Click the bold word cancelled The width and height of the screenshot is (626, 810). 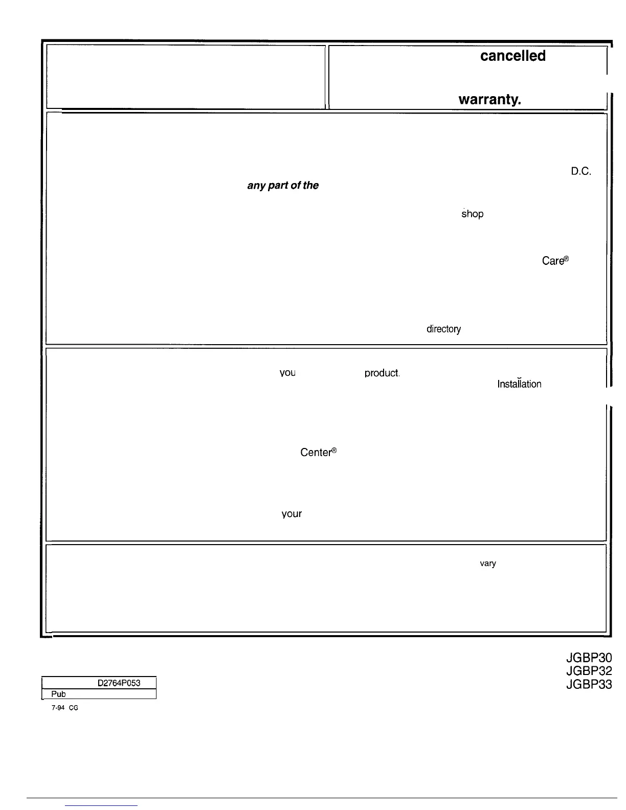point(512,56)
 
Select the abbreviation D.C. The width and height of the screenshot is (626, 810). point(581,172)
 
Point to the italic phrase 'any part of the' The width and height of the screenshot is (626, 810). point(283,185)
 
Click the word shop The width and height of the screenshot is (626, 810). point(472,214)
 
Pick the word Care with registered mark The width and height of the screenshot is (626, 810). point(555,261)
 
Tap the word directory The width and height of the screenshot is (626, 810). point(443,329)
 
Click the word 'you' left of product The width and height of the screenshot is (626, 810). point(287,373)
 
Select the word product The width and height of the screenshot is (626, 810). point(382,373)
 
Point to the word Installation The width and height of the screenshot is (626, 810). point(519,384)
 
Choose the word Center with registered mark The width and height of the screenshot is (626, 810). point(318,453)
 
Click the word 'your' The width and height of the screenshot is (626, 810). point(292,514)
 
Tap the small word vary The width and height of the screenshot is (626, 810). point(487,564)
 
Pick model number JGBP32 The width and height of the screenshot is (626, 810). point(589,671)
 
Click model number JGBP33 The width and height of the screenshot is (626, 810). point(589,684)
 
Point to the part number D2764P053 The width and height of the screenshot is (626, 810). point(119,683)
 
